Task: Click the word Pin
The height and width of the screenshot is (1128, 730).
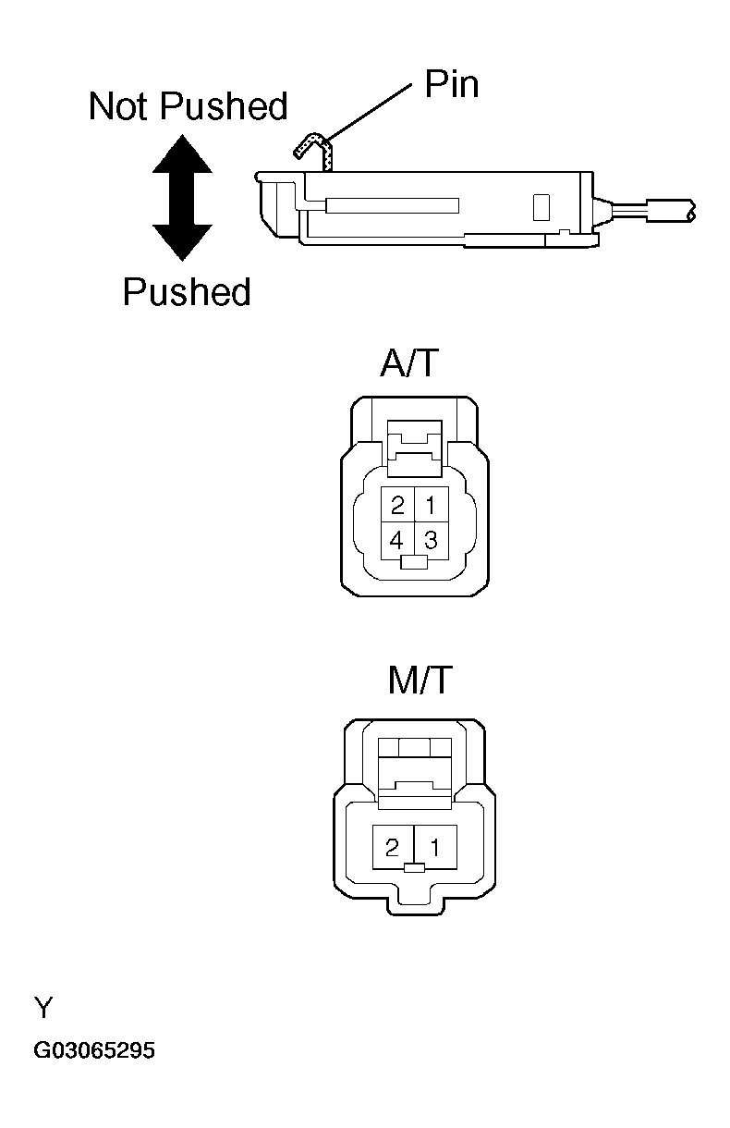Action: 452,84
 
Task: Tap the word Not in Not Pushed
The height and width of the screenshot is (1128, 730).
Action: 120,105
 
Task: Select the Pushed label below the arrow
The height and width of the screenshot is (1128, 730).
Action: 187,291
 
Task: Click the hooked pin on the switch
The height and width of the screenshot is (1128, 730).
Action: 316,150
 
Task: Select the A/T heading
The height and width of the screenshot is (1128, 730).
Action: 409,362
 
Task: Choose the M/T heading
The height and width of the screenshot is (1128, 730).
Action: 420,680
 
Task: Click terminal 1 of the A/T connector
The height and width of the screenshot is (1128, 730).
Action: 432,504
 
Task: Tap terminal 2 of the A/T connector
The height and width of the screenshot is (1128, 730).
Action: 397,504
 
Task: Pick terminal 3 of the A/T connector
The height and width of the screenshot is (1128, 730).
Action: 432,540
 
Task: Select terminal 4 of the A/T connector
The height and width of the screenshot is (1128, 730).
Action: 397,540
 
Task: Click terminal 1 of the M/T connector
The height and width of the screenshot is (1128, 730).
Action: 435,847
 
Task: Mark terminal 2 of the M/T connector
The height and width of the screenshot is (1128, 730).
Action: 393,847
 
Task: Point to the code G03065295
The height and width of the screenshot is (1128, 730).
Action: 94,1050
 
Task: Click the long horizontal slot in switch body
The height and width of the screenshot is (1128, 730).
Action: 393,205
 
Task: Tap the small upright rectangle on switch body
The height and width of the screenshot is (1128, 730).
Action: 541,207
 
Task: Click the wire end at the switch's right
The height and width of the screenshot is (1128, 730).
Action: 671,211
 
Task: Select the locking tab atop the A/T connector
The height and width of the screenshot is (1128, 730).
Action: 414,448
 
